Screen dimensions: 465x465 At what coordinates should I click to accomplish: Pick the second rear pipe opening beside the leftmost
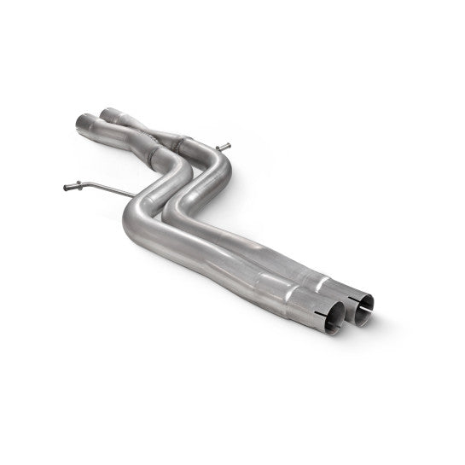tap(108, 111)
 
